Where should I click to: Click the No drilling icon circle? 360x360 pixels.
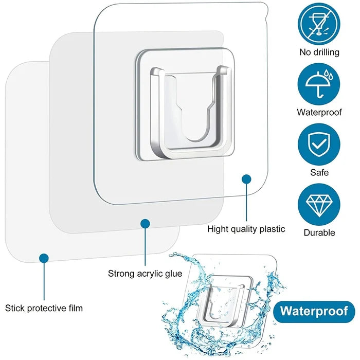click(319, 24)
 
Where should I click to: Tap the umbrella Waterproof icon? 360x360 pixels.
click(319, 84)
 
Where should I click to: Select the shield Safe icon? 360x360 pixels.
click(319, 144)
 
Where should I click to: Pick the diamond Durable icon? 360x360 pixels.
click(319, 204)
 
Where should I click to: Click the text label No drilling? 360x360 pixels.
click(319, 52)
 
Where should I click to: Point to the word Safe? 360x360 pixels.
click(319, 172)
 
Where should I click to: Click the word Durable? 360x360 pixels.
click(319, 232)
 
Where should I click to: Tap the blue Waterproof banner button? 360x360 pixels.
click(314, 311)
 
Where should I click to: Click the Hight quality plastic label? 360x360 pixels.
click(246, 229)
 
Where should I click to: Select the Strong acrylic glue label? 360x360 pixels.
click(145, 273)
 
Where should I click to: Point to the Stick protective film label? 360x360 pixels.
click(44, 309)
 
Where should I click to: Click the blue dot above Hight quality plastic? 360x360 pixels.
click(247, 179)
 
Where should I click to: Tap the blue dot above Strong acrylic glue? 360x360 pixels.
click(146, 224)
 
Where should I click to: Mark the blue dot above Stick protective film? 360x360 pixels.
click(44, 258)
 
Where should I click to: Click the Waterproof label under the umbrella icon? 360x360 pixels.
click(319, 112)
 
